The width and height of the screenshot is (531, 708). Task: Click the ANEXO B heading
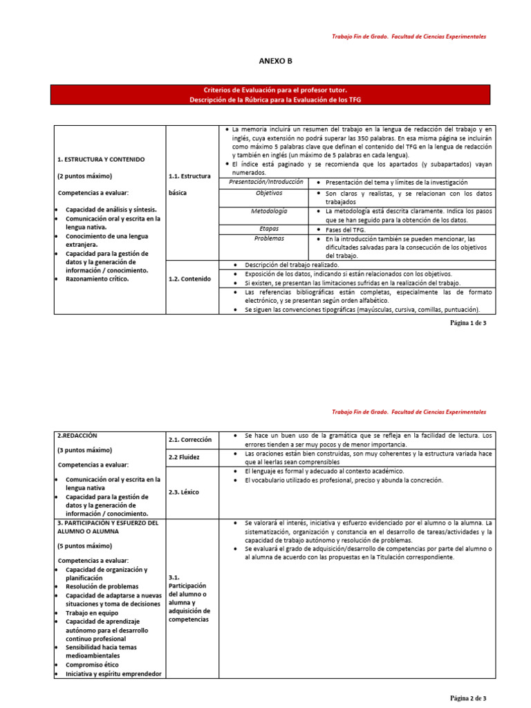point(275,61)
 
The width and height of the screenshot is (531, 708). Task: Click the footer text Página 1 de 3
point(468,323)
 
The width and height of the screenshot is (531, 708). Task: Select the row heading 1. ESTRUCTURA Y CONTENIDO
point(100,159)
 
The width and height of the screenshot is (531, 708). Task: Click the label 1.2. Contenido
point(191,279)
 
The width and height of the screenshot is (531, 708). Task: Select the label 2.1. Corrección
point(190,439)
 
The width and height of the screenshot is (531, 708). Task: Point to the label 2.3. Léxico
point(184,492)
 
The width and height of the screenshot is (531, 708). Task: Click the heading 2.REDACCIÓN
point(77,436)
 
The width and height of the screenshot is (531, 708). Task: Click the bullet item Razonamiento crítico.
point(97,279)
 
